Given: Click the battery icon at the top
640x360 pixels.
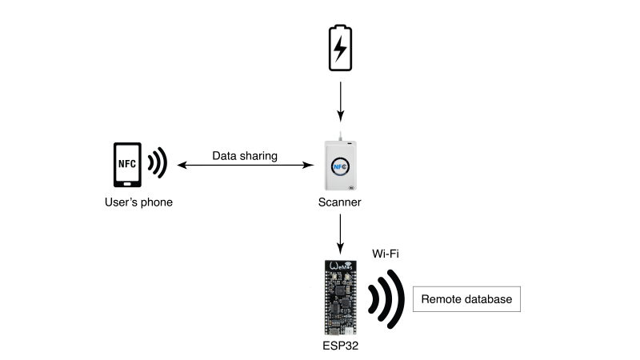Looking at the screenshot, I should click(x=340, y=49).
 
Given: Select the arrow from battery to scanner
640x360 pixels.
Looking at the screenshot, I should click(x=340, y=102).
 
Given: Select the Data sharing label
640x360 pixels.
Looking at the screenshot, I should click(x=245, y=156).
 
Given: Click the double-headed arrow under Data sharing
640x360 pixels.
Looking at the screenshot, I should click(x=245, y=166).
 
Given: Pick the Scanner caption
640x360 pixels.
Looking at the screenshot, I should click(x=340, y=202).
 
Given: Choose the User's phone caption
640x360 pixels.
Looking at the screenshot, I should click(x=138, y=202).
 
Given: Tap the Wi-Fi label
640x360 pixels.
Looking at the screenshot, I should click(x=386, y=254).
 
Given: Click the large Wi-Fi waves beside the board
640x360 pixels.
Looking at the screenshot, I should click(x=387, y=299).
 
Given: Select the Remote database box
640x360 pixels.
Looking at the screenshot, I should click(x=466, y=299).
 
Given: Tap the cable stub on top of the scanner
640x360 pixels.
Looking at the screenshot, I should click(x=341, y=136).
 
